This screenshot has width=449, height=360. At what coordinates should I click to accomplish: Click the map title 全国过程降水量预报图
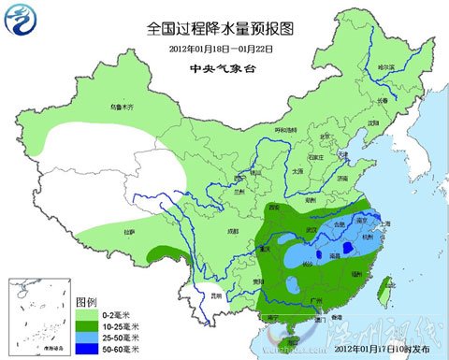(224, 28)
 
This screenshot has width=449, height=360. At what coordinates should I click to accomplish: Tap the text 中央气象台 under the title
(224, 68)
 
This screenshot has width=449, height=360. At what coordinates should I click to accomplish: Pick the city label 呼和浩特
(284, 129)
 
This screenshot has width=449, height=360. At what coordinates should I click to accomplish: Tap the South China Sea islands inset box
(37, 318)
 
